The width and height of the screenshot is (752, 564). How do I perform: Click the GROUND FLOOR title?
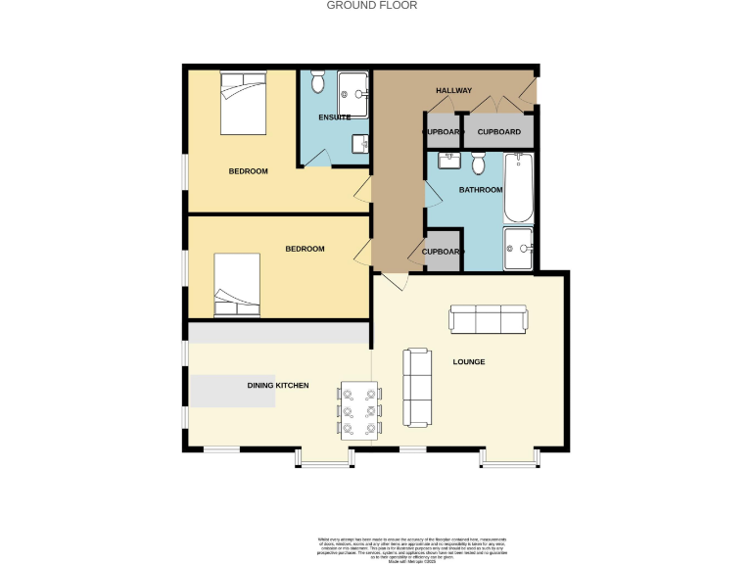(x=371, y=5)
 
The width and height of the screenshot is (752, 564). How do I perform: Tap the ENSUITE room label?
(x=334, y=117)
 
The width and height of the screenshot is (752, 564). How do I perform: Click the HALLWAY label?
(x=453, y=90)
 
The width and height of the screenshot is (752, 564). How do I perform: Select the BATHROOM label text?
(x=481, y=190)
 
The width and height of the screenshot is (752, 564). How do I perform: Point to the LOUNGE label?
(x=468, y=362)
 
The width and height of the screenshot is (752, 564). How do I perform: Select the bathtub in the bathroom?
(x=518, y=188)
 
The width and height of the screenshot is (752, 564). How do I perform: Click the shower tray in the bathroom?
(x=518, y=247)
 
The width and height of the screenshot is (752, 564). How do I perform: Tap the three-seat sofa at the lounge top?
(x=488, y=319)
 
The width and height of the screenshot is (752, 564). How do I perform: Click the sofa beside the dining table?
(x=418, y=387)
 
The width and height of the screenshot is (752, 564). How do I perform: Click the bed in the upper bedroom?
(x=243, y=104)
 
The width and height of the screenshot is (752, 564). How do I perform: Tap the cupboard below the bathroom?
(x=442, y=251)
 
